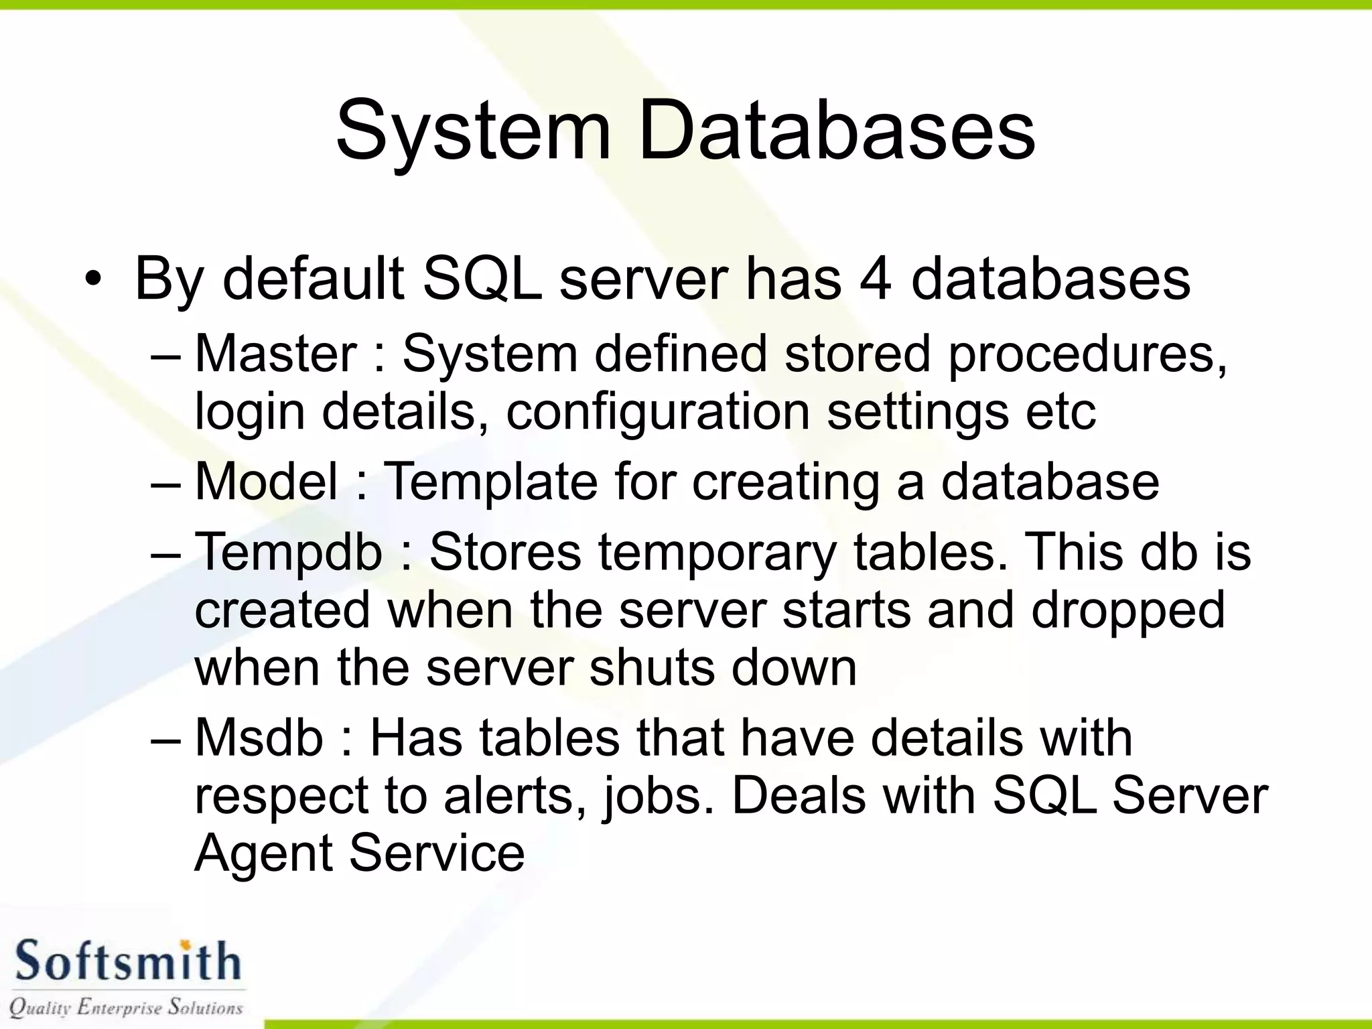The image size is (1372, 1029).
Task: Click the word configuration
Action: [657, 413]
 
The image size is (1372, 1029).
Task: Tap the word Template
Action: [490, 482]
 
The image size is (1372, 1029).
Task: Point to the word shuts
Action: [651, 668]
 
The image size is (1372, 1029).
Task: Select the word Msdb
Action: [259, 738]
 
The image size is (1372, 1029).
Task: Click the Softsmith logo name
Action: [127, 961]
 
